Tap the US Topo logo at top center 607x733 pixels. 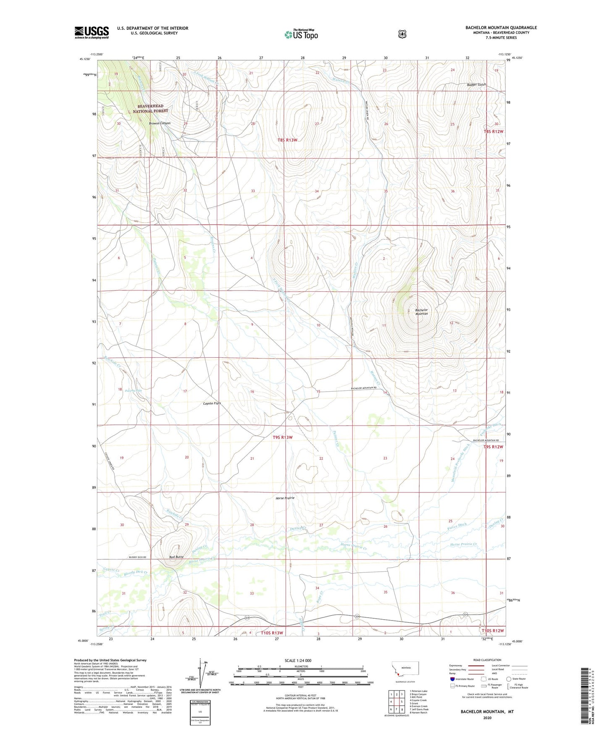coord(301,34)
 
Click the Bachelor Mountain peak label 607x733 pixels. coord(421,312)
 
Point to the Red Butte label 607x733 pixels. coord(176,557)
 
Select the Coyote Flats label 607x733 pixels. coord(212,403)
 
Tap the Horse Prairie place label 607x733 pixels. coord(285,498)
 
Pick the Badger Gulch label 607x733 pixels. coord(476,85)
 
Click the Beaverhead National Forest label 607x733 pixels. coord(150,108)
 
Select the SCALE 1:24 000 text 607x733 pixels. coord(298,660)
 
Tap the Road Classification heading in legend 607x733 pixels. coord(487,660)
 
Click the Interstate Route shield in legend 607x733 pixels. coord(452,678)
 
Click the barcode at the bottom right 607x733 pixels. coord(584,695)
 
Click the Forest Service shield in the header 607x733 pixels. coord(402,34)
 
